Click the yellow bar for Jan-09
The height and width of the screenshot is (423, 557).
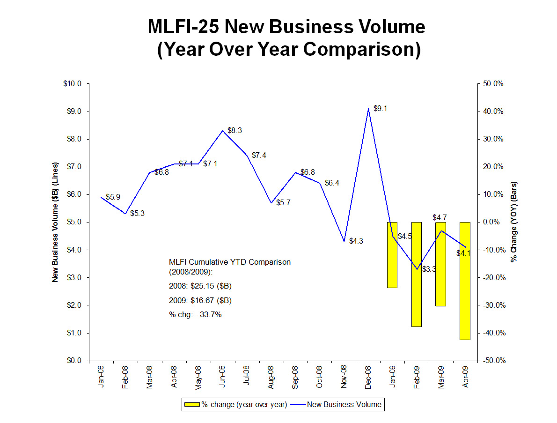pos(392,255)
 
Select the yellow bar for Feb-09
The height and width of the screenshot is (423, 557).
pos(416,274)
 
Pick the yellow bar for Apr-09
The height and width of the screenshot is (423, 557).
pos(465,281)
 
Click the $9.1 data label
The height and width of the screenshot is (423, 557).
pos(380,108)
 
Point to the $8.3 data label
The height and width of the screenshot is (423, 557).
pos(235,130)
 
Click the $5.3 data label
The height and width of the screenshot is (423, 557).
pos(137,213)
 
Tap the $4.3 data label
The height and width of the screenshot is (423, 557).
pos(356,241)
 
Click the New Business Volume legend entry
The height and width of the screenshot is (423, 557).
pos(344,404)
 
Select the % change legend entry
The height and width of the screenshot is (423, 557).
pos(244,404)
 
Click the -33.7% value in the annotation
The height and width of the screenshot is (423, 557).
pos(209,315)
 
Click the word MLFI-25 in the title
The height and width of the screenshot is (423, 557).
pos(183,27)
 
